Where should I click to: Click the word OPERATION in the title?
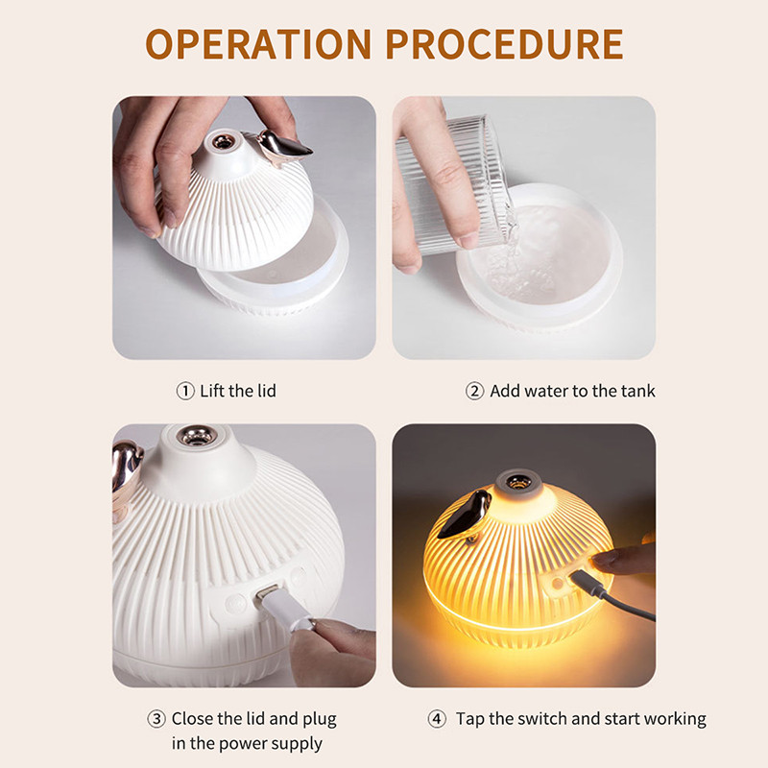pyautogui.click(x=258, y=44)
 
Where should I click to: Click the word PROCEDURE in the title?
pyautogui.click(x=505, y=44)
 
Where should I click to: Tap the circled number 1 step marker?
pyautogui.click(x=185, y=391)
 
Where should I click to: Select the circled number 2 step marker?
pyautogui.click(x=474, y=391)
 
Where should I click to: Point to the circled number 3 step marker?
pyautogui.click(x=156, y=718)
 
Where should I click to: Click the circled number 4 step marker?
pyautogui.click(x=437, y=718)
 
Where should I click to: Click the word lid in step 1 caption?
pyautogui.click(x=265, y=391)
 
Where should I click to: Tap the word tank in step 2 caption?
pyautogui.click(x=637, y=391)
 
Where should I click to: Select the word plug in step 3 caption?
pyautogui.click(x=320, y=719)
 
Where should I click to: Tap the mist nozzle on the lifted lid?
pyautogui.click(x=222, y=142)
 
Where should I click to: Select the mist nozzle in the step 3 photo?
pyautogui.click(x=197, y=436)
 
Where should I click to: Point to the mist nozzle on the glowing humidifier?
pyautogui.click(x=515, y=483)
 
